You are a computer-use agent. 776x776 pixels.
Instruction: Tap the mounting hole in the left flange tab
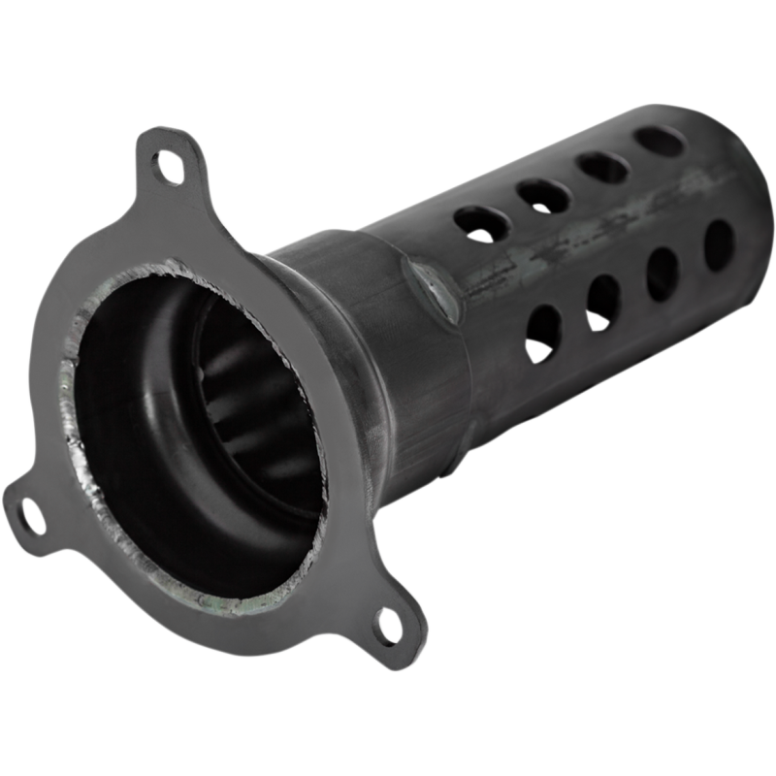28,511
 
